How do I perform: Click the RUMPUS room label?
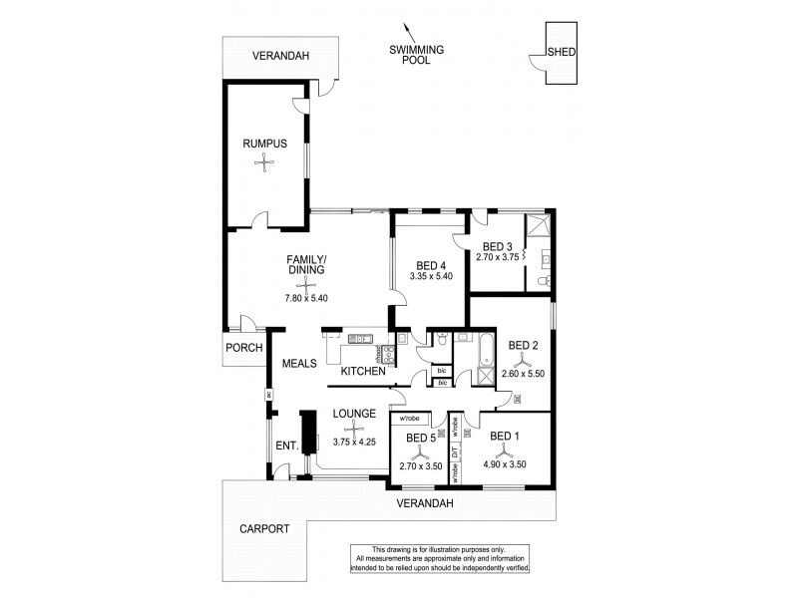[x=265, y=144]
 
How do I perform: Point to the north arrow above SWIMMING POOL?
[x=405, y=31]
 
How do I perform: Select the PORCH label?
[x=242, y=348]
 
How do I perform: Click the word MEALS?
[x=299, y=364]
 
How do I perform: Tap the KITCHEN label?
[x=363, y=372]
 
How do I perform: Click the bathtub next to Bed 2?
[x=484, y=353]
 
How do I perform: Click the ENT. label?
[x=288, y=445]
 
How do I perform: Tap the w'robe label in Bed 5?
[x=411, y=420]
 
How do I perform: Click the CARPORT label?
[x=265, y=529]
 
